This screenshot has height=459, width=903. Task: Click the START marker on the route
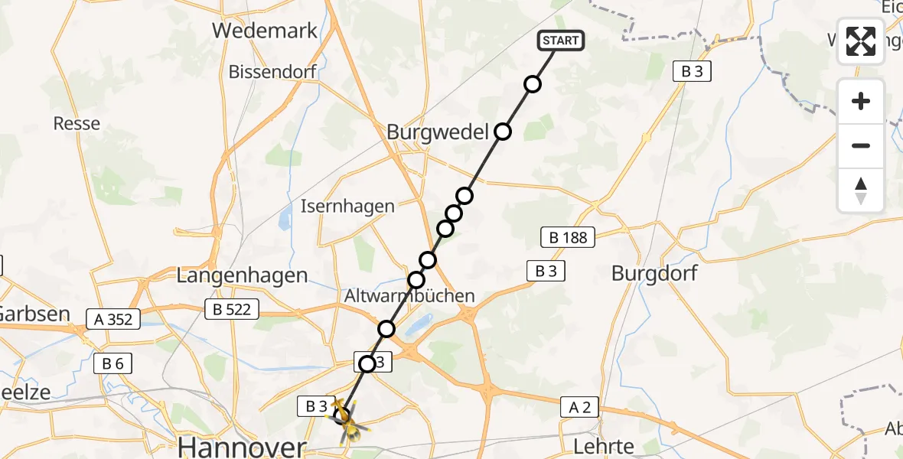coord(562,41)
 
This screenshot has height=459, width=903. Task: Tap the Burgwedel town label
coord(438,132)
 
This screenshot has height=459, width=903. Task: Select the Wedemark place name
coord(265,31)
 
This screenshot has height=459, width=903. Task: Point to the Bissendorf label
coord(272,73)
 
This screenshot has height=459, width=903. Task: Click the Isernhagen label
coord(347,206)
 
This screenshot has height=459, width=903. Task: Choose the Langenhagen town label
coord(242,276)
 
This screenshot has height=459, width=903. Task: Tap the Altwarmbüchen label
coord(409,295)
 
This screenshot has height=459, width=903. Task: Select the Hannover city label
coord(242,446)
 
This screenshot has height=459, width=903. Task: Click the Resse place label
coord(77,123)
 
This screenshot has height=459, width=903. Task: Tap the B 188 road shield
coord(568,237)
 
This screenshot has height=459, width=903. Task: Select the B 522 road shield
coord(232,309)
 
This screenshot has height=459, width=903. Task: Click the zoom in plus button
coord(861,101)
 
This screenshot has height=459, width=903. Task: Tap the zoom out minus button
coord(861,145)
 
